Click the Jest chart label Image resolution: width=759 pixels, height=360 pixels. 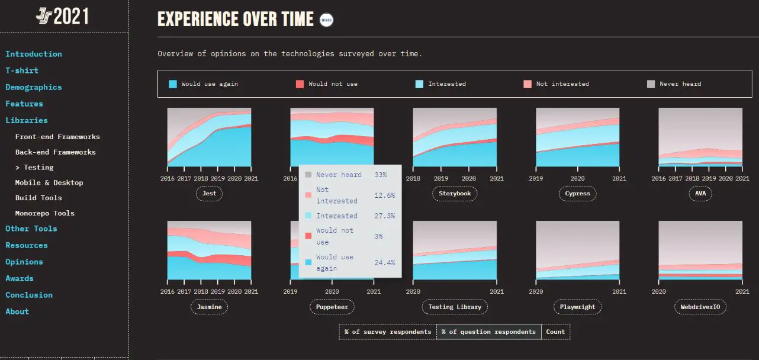(209, 194)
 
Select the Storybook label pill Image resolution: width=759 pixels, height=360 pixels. (455, 194)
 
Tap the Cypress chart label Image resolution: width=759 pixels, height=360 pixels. (577, 194)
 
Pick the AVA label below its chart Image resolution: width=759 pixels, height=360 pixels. (700, 194)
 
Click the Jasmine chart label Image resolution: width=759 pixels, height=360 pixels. (209, 307)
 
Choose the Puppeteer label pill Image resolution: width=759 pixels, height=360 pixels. (332, 307)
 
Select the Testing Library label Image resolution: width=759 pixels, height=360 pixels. (455, 307)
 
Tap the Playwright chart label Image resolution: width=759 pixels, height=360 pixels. (577, 307)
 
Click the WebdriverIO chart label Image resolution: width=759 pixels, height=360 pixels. (700, 307)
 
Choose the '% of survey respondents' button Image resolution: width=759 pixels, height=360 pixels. (388, 332)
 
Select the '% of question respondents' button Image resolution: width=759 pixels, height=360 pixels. (489, 332)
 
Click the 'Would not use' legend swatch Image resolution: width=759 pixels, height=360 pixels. (300, 84)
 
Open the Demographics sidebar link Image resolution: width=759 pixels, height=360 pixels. (34, 87)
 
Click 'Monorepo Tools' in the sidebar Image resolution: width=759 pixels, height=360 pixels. (45, 213)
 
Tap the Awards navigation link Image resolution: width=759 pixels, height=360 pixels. (20, 278)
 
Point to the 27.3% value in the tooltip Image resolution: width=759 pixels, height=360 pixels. (384, 216)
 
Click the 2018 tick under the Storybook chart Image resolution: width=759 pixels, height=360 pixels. (413, 178)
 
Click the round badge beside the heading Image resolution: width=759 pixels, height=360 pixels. (326, 20)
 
